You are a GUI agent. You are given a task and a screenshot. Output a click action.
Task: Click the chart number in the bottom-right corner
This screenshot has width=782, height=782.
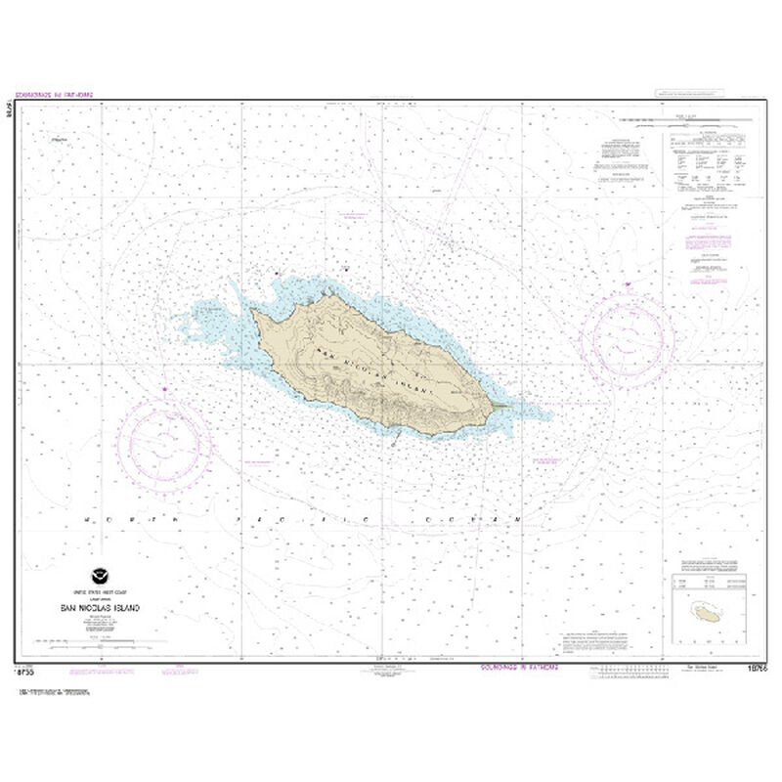tap(753, 670)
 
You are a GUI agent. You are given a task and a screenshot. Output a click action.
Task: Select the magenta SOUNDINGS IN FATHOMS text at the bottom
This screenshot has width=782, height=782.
tap(518, 669)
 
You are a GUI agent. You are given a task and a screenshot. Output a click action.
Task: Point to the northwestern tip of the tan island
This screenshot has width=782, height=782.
tap(253, 312)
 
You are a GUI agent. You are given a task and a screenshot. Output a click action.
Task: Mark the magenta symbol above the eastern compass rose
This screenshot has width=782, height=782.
tap(623, 285)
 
